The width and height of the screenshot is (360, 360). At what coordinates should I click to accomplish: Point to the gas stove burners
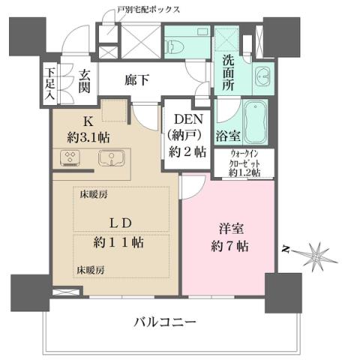[72, 158]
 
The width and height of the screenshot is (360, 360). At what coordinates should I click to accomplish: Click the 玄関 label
[86, 82]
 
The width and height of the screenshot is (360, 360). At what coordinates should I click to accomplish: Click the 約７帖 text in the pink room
[230, 247]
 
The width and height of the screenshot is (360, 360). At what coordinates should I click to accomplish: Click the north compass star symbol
[314, 253]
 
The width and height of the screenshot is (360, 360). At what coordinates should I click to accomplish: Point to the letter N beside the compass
[286, 248]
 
